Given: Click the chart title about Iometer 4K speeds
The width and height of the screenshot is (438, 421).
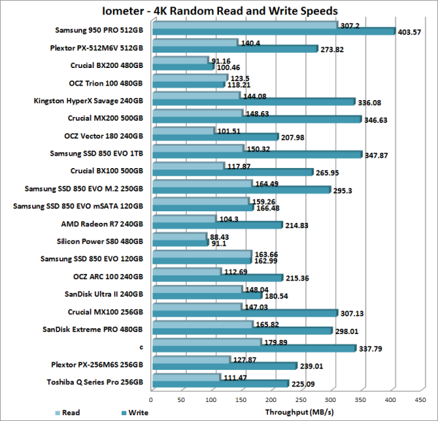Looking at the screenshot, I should pyautogui.click(x=219, y=11).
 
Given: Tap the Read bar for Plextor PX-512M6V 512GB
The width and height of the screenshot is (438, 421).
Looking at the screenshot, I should pyautogui.click(x=193, y=43).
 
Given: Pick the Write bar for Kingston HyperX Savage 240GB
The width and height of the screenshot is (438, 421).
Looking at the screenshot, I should pyautogui.click(x=252, y=102).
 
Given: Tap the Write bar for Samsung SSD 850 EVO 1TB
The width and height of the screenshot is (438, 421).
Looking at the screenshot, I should pyautogui.click(x=255, y=155).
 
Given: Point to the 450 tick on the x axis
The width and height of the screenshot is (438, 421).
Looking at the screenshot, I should pyautogui.click(x=420, y=400).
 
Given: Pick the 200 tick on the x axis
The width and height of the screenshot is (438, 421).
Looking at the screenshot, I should pyautogui.click(x=270, y=400).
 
